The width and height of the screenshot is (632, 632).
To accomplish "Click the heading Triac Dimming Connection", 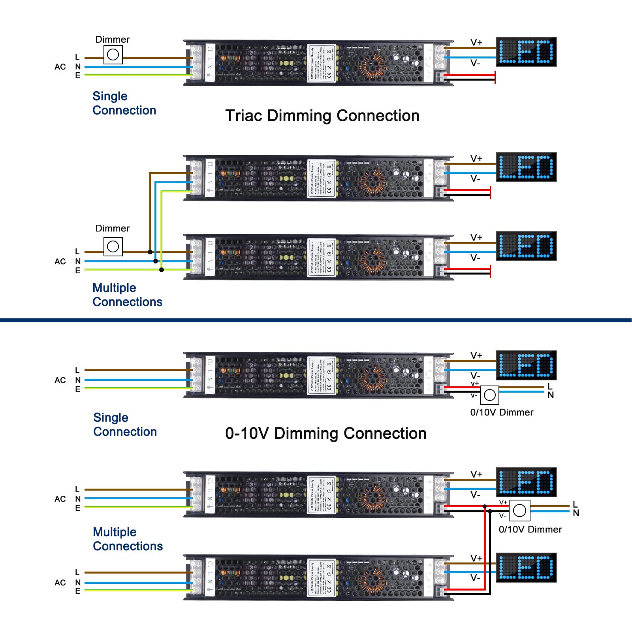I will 322,116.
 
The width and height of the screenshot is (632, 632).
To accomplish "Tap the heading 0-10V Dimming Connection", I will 325,433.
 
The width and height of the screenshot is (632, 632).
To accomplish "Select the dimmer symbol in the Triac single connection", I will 113,55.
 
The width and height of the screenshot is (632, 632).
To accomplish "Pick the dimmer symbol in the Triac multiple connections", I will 113,246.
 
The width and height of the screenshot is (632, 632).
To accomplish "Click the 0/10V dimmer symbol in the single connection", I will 490,395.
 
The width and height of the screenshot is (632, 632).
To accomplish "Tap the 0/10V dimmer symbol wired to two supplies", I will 519,511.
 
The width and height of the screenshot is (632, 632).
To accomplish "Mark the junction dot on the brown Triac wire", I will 150,252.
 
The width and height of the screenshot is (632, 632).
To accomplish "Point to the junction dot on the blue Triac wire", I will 156,261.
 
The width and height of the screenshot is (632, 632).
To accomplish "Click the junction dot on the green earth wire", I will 162,270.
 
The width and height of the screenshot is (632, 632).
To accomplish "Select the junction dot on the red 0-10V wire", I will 485,506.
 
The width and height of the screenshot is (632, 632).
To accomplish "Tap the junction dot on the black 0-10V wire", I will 490,511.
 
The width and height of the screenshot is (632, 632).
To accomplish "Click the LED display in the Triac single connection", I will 526,52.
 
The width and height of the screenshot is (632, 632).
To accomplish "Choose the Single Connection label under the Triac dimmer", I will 124,103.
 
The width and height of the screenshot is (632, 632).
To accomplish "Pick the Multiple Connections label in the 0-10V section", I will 128,539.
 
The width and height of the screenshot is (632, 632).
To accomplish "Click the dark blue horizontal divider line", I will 316,320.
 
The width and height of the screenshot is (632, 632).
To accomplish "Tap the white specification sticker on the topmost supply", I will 322,63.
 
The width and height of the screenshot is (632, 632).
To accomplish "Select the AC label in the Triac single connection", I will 60,67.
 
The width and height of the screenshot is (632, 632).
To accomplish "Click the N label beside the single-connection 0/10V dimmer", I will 551,395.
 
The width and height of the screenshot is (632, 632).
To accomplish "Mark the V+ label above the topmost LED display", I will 476,42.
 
